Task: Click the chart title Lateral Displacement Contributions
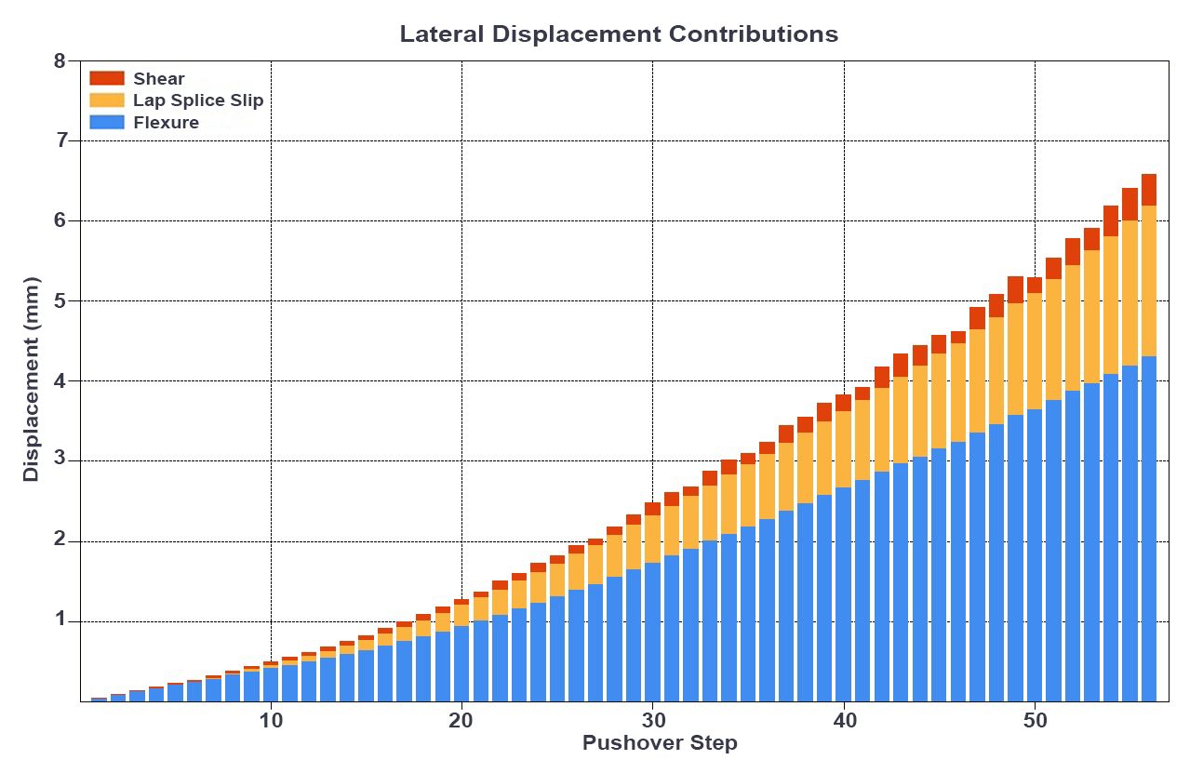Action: [619, 34]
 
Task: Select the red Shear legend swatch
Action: [106, 78]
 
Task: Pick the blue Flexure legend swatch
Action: [106, 122]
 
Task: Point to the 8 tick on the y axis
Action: [60, 61]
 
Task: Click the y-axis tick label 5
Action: [60, 301]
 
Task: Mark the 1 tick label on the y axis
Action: [60, 621]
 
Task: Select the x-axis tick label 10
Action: [270, 722]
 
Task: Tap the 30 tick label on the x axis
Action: [652, 722]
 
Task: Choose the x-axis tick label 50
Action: [1035, 722]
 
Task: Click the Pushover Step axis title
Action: [660, 743]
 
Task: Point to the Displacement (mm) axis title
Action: [32, 379]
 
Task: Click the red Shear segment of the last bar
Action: [1149, 190]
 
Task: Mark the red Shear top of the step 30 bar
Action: [652, 509]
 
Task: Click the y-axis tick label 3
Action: [60, 461]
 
